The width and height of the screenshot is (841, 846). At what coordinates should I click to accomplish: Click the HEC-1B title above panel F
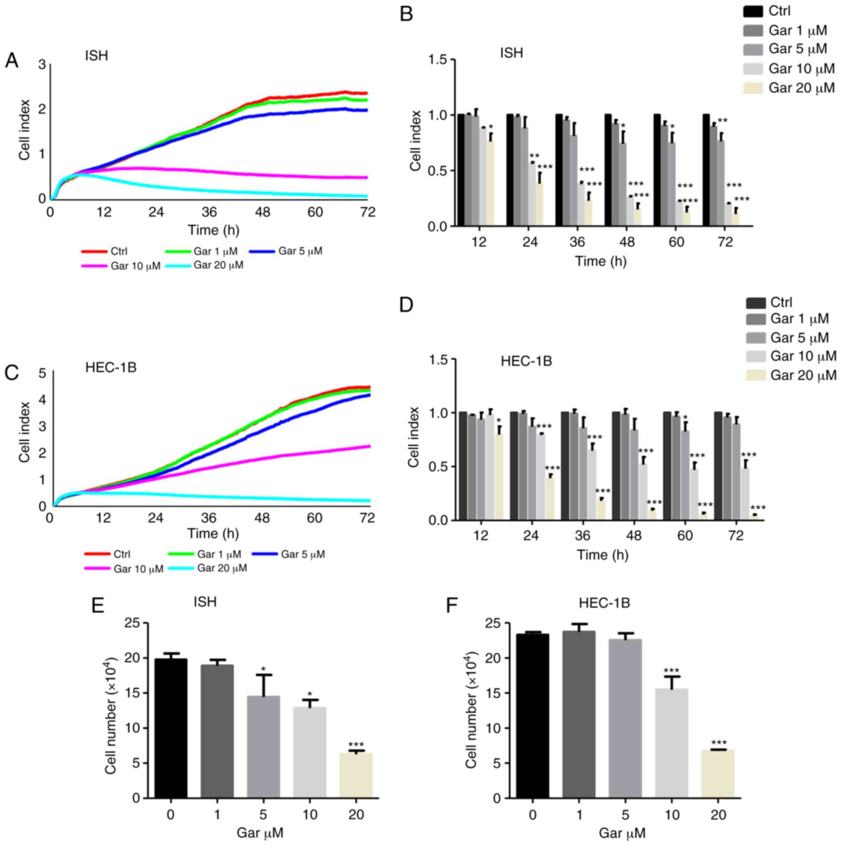604,603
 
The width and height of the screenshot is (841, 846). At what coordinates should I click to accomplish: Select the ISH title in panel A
96,56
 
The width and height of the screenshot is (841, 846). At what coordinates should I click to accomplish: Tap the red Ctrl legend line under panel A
94,251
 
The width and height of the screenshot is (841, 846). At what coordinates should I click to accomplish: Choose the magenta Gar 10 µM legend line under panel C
97,569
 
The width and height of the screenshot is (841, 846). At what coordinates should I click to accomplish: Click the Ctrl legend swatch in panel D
756,303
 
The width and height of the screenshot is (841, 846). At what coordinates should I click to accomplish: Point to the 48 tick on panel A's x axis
262,212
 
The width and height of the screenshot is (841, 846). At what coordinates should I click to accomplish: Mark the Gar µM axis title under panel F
622,832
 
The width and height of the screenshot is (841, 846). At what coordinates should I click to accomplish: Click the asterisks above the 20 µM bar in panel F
718,743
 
